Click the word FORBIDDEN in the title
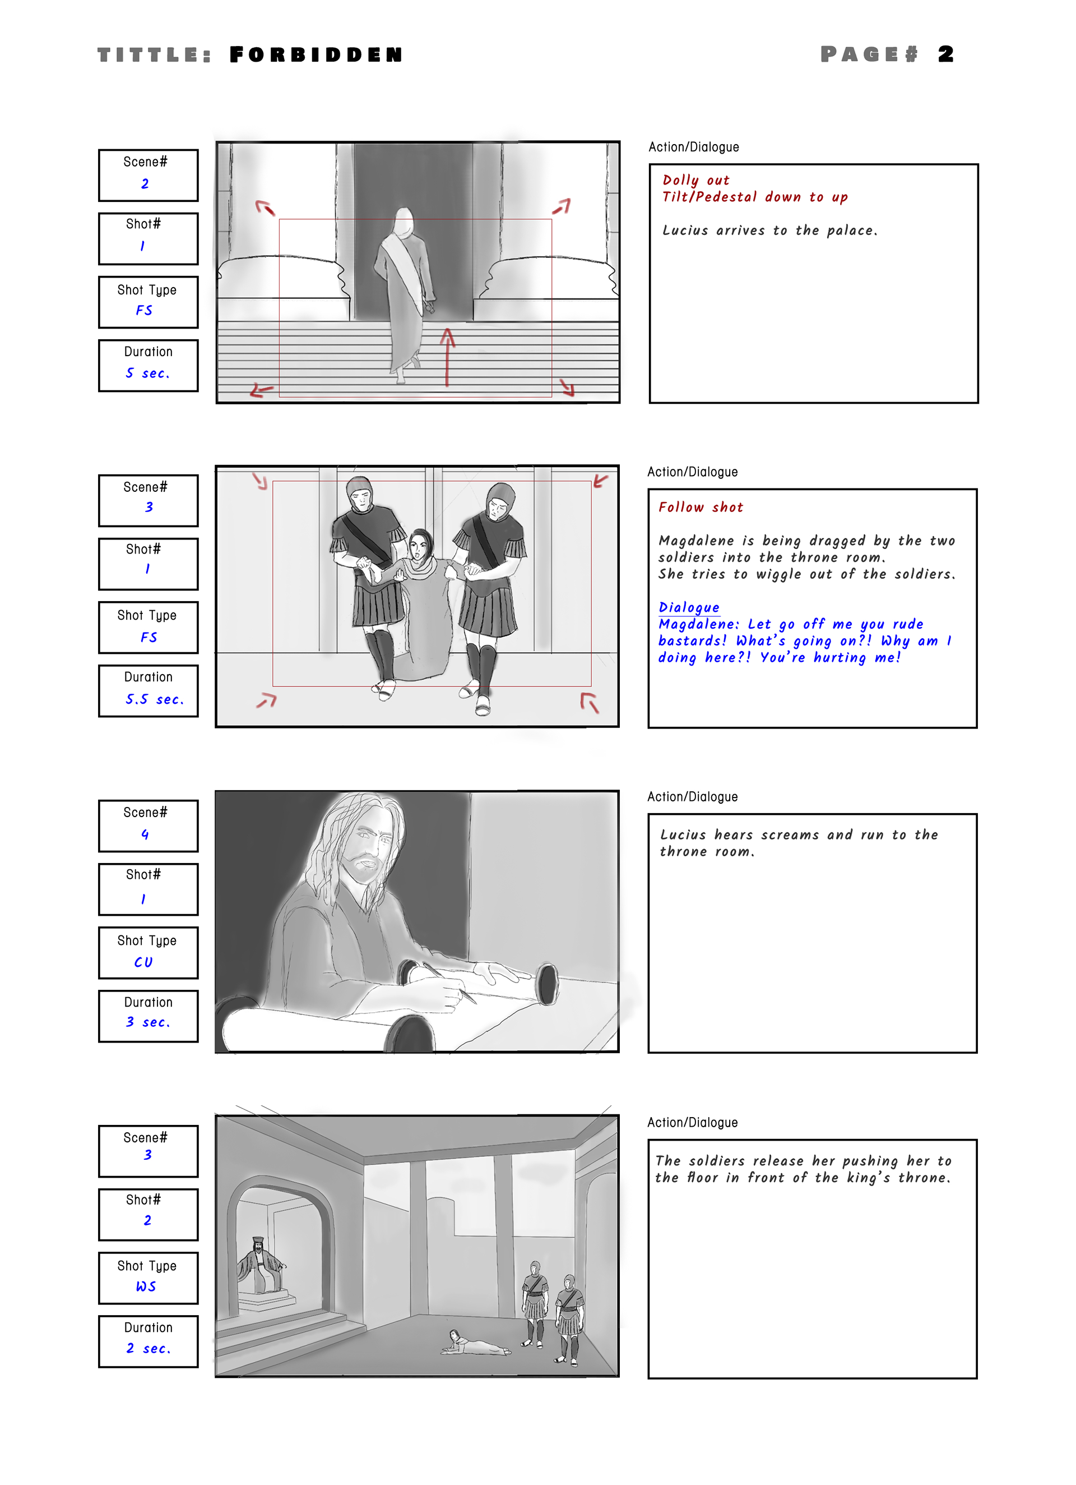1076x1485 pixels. coord(316,54)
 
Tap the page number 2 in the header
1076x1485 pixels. coord(946,54)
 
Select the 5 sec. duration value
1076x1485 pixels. coord(148,373)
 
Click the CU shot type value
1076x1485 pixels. coord(143,962)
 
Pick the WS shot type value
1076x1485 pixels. coord(146,1286)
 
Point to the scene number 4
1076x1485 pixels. coord(145,834)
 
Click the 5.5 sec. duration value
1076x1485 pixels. coord(155,699)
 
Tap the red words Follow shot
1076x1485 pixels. coord(701,508)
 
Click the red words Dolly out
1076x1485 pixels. coord(695,180)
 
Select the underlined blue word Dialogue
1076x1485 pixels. coord(689,607)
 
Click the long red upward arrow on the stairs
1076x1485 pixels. coord(447,357)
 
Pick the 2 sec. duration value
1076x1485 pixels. coord(148,1349)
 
